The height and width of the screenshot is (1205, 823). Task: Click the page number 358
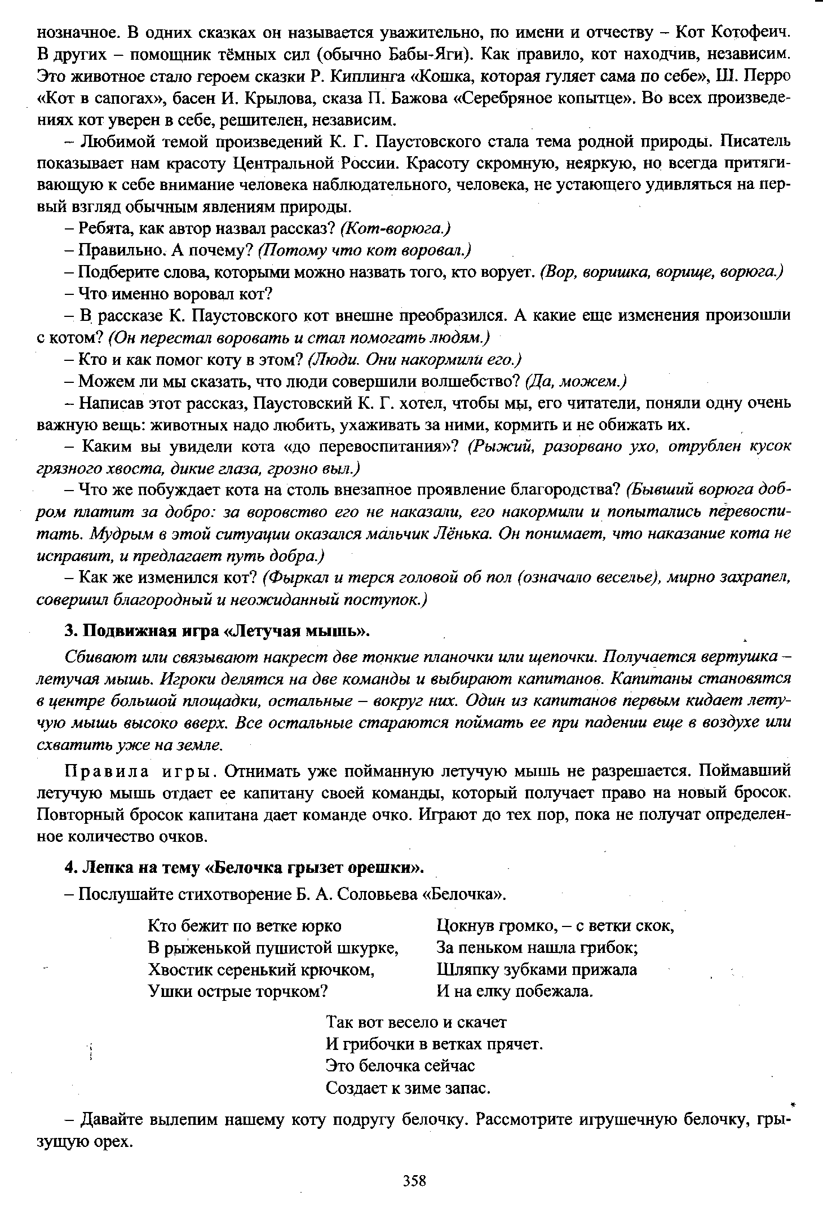pyautogui.click(x=414, y=1180)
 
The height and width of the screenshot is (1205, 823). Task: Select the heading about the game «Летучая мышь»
pyautogui.click(x=218, y=630)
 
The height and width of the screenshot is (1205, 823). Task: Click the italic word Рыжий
pyautogui.click(x=499, y=446)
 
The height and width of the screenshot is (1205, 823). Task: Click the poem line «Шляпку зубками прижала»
pyautogui.click(x=537, y=969)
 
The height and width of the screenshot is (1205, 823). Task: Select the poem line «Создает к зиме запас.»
pyautogui.click(x=408, y=1088)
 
